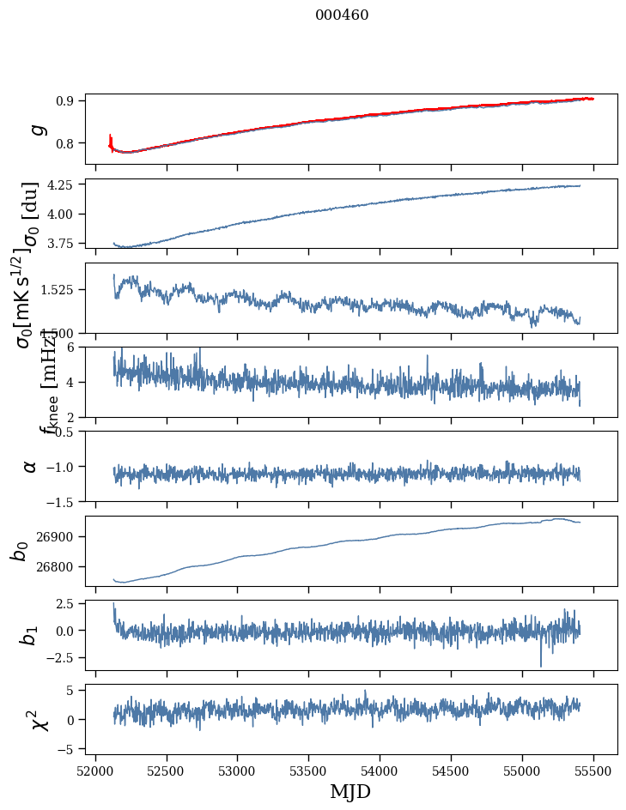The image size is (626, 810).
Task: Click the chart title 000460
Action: (x=342, y=15)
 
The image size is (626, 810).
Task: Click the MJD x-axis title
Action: (x=350, y=791)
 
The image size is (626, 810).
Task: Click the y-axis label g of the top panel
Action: (x=36, y=130)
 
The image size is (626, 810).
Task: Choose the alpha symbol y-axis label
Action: (x=31, y=466)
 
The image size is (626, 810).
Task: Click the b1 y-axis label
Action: (x=31, y=635)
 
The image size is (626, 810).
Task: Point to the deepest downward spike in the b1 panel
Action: (x=541, y=665)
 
